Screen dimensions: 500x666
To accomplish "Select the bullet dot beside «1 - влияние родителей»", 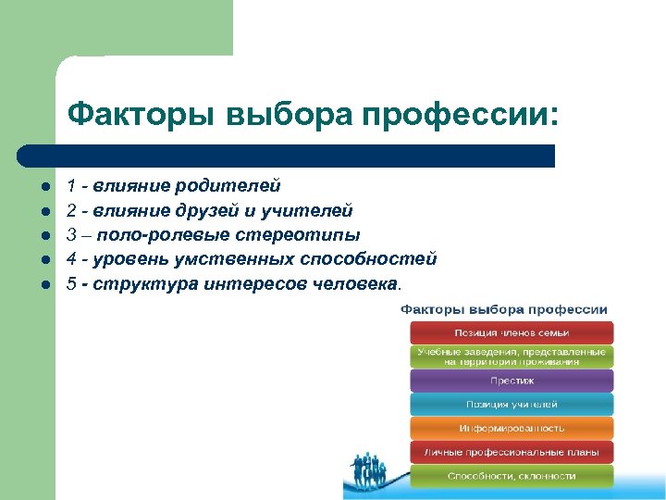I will (43, 187).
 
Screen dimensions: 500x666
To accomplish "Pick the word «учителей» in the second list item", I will (315, 211).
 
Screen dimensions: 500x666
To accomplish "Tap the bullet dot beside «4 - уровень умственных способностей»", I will (43, 259).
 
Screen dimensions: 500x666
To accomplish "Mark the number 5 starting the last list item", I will (71, 283).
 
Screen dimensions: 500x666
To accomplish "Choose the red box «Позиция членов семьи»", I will (512, 332).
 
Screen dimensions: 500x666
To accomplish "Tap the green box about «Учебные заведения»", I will (512, 356).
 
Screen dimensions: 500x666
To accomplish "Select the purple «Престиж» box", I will (512, 381).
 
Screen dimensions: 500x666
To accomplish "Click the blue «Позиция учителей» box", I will (512, 405).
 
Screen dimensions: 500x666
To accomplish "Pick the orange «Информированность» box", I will (512, 428).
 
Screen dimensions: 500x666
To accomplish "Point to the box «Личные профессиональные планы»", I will (512, 452).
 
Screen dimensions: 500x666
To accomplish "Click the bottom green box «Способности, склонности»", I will (512, 476).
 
